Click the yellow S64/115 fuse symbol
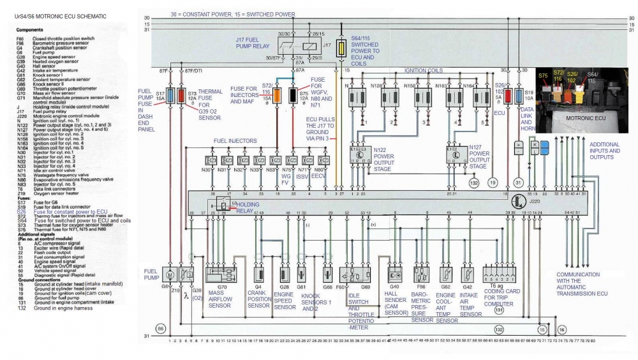coord(342,48)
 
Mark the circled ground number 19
coord(493,181)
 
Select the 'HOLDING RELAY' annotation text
coord(246,204)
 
